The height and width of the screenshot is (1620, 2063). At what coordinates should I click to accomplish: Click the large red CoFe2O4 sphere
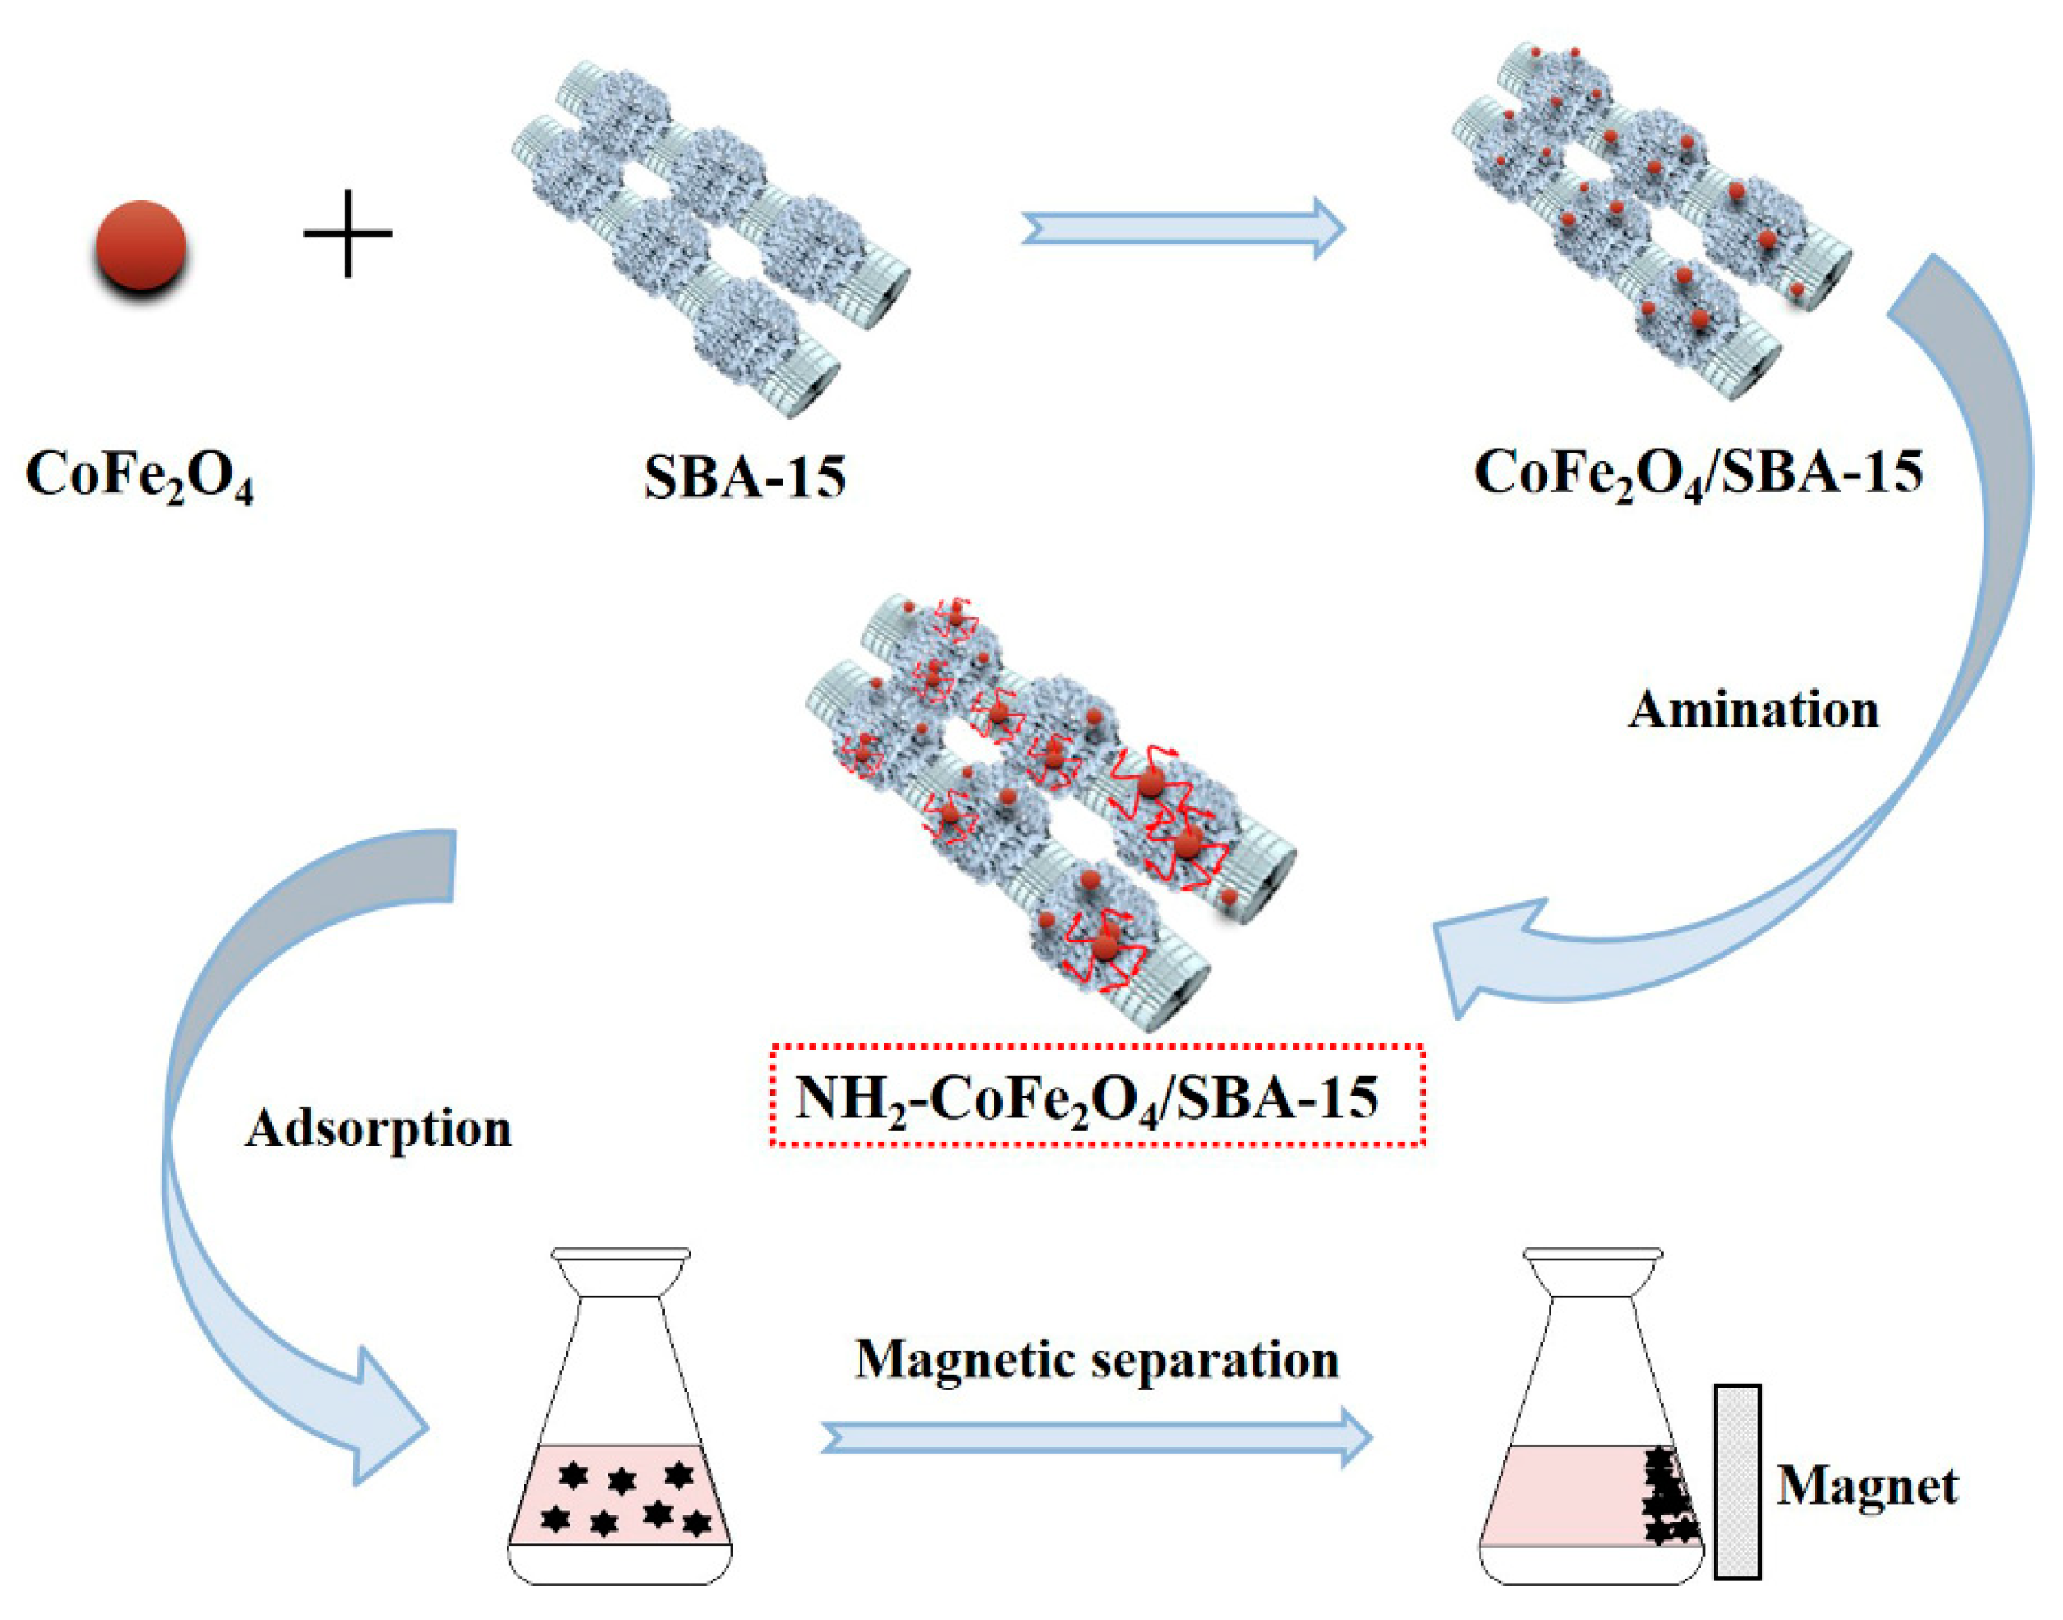pos(140,244)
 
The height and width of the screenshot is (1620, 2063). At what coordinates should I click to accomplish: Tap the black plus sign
pos(347,233)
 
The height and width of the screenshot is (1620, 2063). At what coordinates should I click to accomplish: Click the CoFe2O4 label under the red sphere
pos(140,475)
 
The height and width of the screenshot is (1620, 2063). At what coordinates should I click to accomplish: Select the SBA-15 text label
pos(744,477)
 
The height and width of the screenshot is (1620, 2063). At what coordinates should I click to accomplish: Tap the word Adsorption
pos(378,1129)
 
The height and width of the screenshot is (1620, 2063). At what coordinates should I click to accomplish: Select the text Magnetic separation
pos(1096,1360)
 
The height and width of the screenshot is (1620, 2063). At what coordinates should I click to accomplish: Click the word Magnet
pos(1867,1486)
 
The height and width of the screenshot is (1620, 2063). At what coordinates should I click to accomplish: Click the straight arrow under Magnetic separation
pos(1096,1438)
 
